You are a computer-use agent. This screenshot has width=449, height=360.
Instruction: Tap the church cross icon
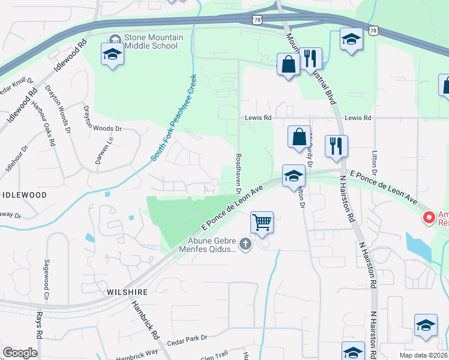tap(244, 244)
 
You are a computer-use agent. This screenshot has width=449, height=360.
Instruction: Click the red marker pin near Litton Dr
tap(429, 218)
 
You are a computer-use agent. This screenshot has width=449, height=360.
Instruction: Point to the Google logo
tap(20, 353)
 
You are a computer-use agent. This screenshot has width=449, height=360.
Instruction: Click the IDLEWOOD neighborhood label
tap(24, 195)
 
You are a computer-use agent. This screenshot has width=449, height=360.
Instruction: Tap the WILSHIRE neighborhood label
tap(127, 292)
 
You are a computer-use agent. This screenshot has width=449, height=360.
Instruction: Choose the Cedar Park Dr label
tap(187, 338)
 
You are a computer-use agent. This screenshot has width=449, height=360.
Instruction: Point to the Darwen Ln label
tap(110, 148)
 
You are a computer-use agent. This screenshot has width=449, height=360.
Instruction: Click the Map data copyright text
tap(423, 355)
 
